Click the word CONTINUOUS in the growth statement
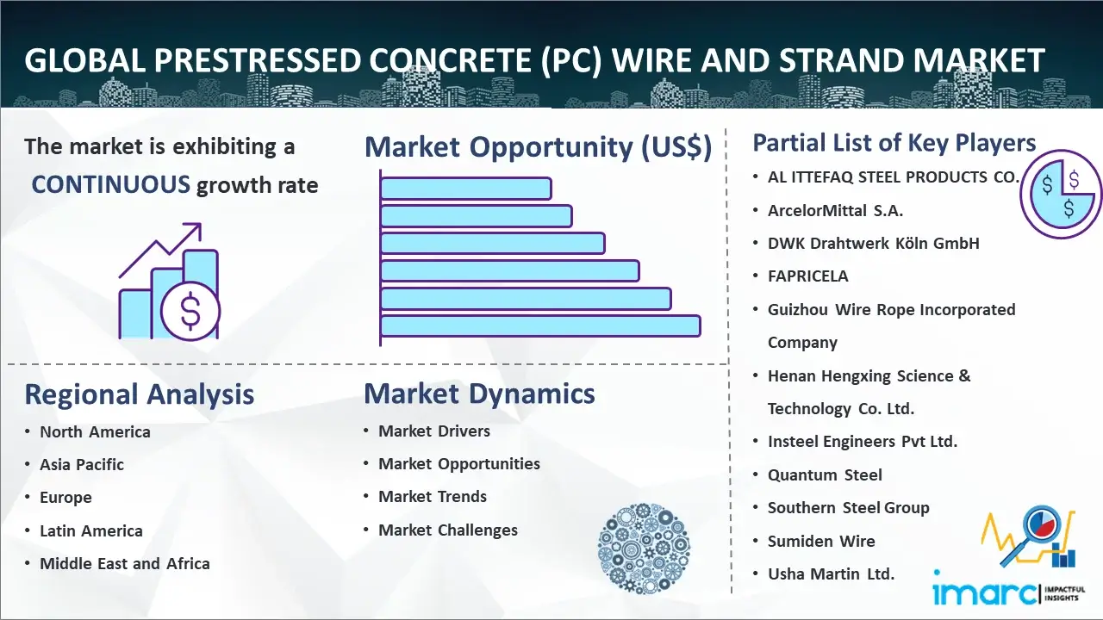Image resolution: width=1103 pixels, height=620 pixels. coord(111,184)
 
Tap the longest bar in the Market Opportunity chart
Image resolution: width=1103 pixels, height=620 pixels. coord(540,326)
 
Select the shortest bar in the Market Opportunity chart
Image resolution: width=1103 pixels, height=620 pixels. coord(466,189)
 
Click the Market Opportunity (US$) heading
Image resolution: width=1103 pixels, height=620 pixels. coord(538,146)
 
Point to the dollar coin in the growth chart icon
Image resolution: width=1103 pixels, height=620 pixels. coord(190,311)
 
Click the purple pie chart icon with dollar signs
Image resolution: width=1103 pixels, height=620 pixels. coord(1061,195)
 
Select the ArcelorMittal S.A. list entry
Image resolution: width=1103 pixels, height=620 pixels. coord(835,211)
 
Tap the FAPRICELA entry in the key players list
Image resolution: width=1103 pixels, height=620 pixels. coord(808,276)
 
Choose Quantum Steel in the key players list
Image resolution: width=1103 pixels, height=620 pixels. coord(825,474)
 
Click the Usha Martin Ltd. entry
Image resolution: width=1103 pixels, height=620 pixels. coord(831,573)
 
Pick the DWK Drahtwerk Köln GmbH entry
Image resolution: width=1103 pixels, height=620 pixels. coord(874,243)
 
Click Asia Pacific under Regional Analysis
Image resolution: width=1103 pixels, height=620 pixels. coord(82,464)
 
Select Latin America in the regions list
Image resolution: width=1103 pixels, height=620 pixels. coord(91,531)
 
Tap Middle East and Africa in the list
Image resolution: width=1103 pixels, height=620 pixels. coord(125,563)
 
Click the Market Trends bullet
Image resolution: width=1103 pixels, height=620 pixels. coord(433,497)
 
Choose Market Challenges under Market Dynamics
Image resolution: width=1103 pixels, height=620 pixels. coord(447,530)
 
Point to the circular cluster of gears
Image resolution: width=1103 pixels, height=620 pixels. coord(644,549)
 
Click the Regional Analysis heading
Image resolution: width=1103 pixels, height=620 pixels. coord(140,394)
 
